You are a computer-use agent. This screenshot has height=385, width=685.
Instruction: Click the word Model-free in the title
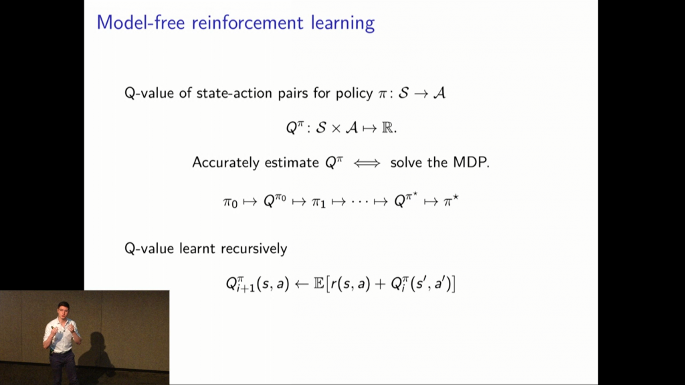pyautogui.click(x=140, y=23)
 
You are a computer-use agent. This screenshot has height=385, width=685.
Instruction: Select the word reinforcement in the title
pyautogui.click(x=248, y=23)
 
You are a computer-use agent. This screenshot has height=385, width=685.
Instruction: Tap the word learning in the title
pyautogui.click(x=343, y=23)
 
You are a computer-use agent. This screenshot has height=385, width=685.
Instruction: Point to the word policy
pyautogui.click(x=355, y=94)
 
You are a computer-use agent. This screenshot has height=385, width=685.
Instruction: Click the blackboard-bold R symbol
pyautogui.click(x=387, y=128)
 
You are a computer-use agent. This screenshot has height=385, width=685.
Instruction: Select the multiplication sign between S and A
pyautogui.click(x=336, y=128)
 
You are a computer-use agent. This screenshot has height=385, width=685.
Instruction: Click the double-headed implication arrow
pyautogui.click(x=367, y=163)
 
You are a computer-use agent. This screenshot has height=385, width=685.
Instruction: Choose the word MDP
pyautogui.click(x=470, y=162)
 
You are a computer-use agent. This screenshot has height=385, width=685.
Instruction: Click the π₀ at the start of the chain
pyautogui.click(x=230, y=203)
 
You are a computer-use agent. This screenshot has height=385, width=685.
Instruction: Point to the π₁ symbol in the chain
pyautogui.click(x=318, y=203)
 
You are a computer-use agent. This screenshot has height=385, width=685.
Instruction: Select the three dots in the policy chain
pyautogui.click(x=360, y=202)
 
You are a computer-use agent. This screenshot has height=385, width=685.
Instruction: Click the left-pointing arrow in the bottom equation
pyautogui.click(x=302, y=285)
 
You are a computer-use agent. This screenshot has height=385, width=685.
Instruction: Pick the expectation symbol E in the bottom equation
pyautogui.click(x=319, y=284)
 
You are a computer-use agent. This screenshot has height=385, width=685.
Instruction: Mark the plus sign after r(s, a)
pyautogui.click(x=380, y=285)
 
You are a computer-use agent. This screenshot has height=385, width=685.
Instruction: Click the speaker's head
pyautogui.click(x=64, y=310)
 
